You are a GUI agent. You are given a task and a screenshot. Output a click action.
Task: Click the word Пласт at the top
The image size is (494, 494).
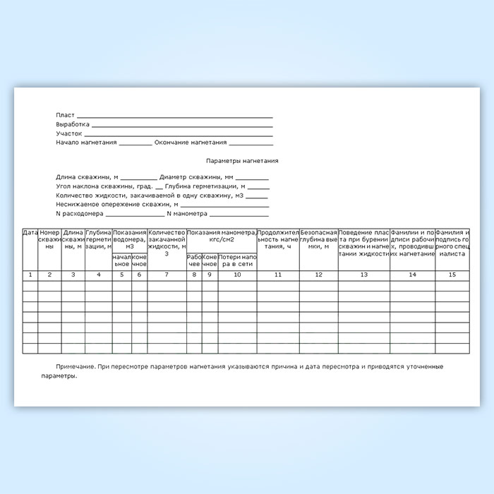click(x=65, y=115)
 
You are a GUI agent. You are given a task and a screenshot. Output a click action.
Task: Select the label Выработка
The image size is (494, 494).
click(x=73, y=124)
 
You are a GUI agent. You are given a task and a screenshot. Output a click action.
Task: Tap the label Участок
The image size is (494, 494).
click(x=69, y=133)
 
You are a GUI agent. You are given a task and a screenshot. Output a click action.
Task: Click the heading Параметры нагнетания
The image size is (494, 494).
click(x=241, y=161)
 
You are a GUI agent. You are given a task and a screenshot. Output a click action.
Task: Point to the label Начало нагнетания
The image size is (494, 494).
click(x=86, y=142)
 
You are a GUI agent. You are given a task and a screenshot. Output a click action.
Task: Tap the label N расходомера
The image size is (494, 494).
click(x=80, y=213)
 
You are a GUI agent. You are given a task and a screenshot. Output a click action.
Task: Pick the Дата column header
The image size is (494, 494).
click(x=30, y=232)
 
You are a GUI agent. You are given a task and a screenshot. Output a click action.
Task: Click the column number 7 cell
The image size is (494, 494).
click(x=167, y=275)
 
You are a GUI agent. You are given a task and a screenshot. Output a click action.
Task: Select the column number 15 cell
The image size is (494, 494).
click(x=452, y=275)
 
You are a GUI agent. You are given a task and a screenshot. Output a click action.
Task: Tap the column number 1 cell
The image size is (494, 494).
click(x=30, y=275)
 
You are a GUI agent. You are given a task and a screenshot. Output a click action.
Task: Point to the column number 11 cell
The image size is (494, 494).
click(x=278, y=275)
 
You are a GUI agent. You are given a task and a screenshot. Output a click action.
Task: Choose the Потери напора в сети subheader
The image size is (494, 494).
click(x=237, y=261)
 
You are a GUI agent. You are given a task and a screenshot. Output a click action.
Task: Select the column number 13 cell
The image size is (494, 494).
click(x=363, y=275)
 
